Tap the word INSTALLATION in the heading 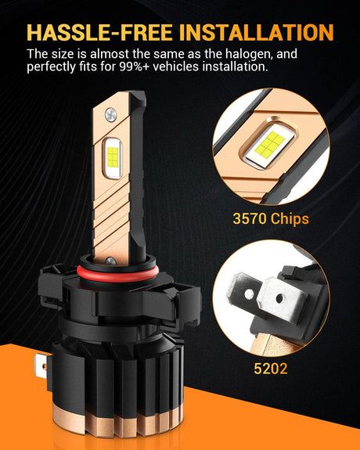257,32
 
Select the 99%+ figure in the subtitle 135,67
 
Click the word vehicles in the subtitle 176,67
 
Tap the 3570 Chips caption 271,219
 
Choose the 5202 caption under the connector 271,368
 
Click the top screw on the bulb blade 110,115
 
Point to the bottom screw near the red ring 111,261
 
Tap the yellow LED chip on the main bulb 113,157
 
